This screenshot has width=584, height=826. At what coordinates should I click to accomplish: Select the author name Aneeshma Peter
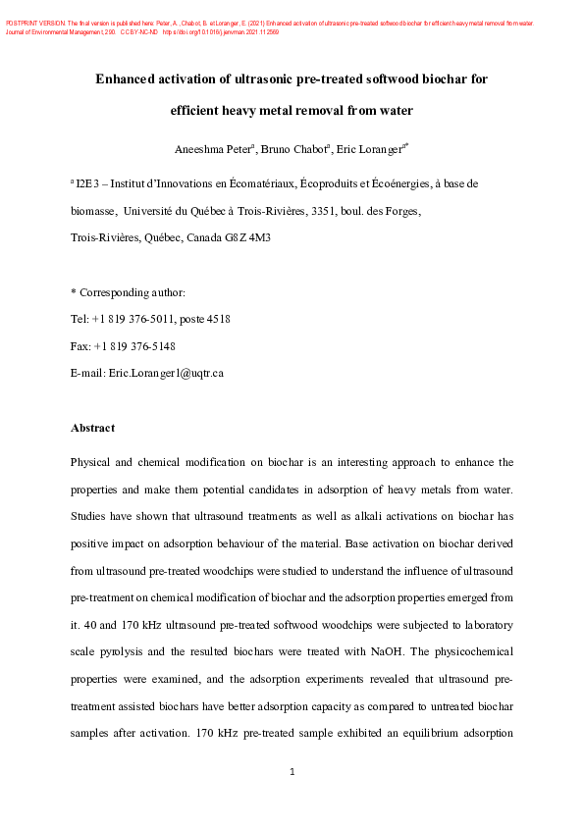tap(213, 149)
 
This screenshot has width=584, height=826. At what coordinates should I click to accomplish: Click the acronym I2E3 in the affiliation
tap(89, 183)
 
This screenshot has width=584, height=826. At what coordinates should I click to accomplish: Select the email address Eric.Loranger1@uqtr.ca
tap(165, 374)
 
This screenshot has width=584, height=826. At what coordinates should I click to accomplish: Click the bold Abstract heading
tap(92, 428)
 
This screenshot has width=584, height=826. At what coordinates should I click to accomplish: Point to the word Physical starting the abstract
tap(94, 461)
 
